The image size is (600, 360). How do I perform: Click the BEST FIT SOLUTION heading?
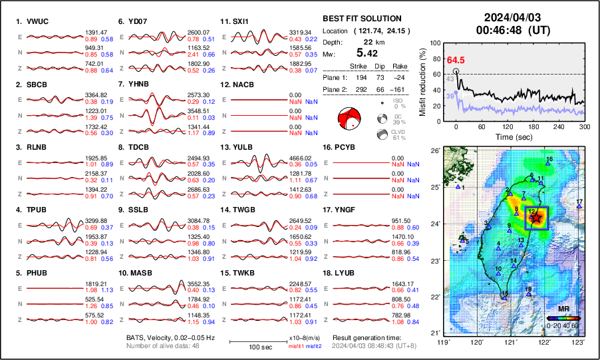tap(361, 19)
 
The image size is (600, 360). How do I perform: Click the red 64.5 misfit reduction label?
tap(456, 61)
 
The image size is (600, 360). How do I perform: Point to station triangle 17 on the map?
tap(579, 207)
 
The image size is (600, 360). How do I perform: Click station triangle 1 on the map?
tap(458, 188)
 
